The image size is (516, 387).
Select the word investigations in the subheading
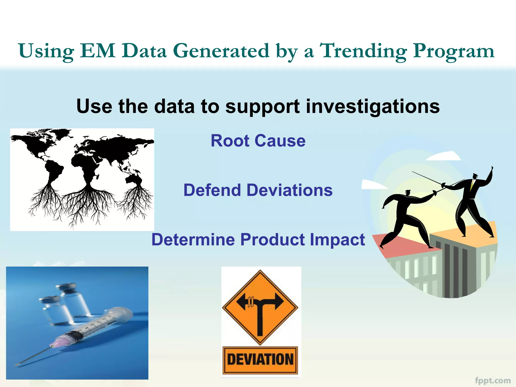373,106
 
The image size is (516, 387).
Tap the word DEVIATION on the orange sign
260,359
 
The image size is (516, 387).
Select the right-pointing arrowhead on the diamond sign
279,301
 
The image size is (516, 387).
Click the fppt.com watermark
493,380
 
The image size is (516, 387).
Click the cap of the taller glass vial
66,287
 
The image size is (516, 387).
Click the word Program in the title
454,51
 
